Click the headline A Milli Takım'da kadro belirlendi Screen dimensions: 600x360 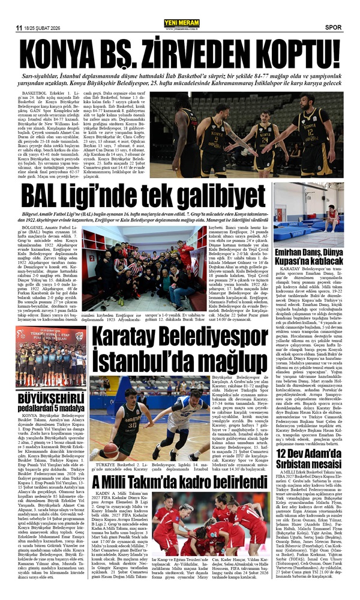190,500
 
